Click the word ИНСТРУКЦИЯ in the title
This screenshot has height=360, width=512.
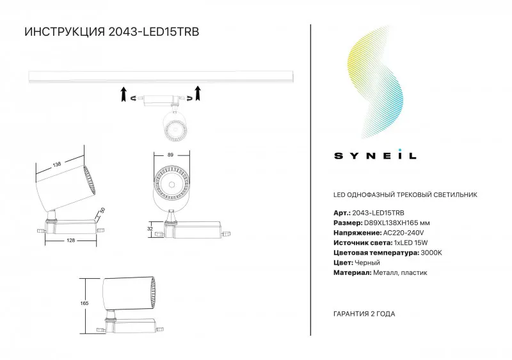65,32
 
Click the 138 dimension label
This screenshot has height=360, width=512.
57,164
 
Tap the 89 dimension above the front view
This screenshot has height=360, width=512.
170,155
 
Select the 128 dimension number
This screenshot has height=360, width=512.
70,240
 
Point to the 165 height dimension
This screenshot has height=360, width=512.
84,303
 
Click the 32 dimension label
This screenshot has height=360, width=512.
150,229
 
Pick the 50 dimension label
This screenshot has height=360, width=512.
102,211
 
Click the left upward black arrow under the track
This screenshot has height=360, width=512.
124,94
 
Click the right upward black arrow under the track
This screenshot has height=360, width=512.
197,93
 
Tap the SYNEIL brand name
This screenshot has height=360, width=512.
375,155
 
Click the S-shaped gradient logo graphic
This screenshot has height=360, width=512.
375,83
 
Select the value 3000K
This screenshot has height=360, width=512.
431,253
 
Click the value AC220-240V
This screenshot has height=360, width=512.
404,233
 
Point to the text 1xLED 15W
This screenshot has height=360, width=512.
411,243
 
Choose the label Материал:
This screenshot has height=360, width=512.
353,272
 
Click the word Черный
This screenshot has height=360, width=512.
367,263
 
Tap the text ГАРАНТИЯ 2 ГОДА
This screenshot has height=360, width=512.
364,314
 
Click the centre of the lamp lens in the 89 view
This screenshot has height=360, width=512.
171,185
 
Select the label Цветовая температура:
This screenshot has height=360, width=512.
376,253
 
